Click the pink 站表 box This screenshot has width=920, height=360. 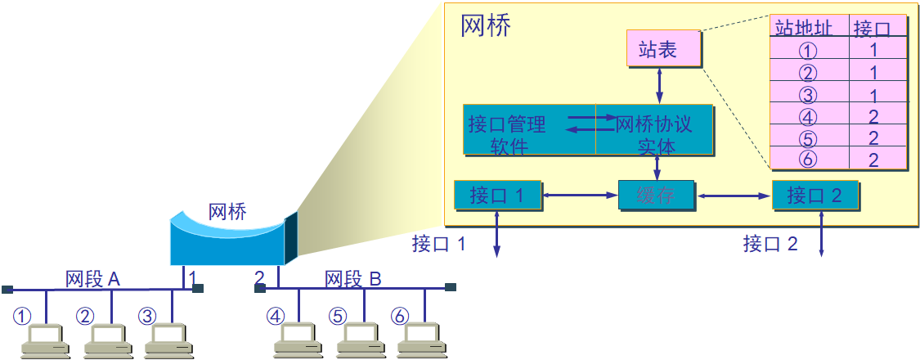point(663,49)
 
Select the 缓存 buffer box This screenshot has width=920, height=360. point(656,196)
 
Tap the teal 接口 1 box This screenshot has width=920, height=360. point(498,196)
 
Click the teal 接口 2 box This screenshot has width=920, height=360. point(815,196)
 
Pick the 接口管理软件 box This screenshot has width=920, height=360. point(528,130)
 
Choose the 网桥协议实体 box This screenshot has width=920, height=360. point(655,130)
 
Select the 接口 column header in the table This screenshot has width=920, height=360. point(873,29)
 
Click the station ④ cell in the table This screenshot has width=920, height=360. point(807,115)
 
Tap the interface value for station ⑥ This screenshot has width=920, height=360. point(873,159)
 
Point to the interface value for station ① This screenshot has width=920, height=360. point(873,50)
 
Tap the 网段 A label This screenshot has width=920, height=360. point(92,279)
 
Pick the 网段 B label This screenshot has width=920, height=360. point(352,279)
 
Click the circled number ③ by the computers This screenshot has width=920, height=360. point(147,316)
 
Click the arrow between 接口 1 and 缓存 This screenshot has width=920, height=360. point(580,196)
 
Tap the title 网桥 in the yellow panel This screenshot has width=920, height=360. point(486,26)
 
